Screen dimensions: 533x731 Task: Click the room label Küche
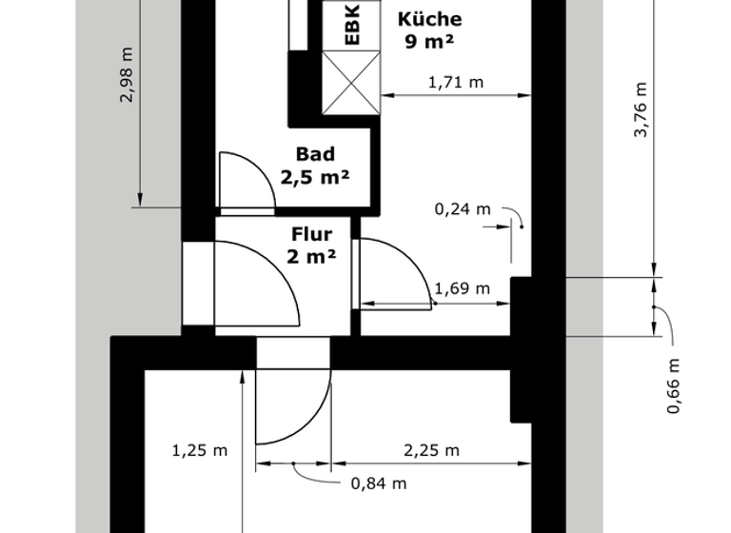click(429, 19)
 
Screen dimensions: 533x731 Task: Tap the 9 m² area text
click(429, 41)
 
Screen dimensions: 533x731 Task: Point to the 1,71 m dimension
click(456, 83)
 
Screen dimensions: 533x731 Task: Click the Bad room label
click(315, 154)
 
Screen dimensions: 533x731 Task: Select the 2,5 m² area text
click(315, 176)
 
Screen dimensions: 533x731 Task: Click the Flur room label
click(311, 234)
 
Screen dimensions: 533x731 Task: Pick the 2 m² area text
click(311, 256)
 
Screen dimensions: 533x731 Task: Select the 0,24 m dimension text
click(463, 209)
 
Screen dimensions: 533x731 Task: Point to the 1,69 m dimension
click(462, 289)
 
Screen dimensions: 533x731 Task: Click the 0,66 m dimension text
click(673, 385)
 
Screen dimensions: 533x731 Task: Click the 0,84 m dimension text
click(379, 484)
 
